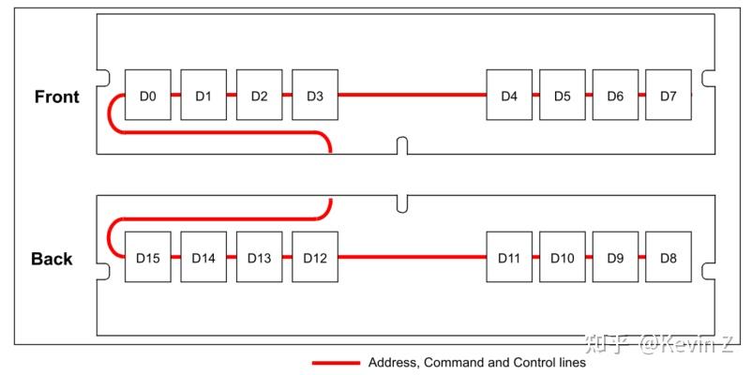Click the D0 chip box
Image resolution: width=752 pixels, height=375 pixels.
[147, 95]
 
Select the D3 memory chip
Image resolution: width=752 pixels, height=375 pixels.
[315, 95]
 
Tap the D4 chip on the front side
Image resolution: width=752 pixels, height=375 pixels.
[509, 95]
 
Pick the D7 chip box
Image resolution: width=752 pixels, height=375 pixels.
[669, 95]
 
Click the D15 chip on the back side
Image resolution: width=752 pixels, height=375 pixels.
[147, 257]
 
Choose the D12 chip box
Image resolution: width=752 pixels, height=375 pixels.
[315, 257]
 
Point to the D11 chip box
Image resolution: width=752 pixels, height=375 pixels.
[509, 257]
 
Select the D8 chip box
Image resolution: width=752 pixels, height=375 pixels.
[669, 257]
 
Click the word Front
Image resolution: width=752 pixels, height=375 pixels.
[57, 97]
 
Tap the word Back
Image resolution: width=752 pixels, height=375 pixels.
[53, 260]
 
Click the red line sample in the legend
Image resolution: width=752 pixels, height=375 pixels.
[335, 362]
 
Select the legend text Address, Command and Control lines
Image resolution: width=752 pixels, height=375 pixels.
[476, 362]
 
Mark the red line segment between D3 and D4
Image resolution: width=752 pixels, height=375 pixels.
[412, 95]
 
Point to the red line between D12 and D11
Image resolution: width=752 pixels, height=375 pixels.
[412, 257]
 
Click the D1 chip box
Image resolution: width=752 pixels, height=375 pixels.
[203, 95]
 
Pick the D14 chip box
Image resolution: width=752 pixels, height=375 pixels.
[203, 257]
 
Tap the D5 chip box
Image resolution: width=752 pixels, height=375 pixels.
[563, 95]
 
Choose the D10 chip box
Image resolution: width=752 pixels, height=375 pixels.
[563, 257]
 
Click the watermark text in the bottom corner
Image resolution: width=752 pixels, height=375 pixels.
[661, 344]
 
